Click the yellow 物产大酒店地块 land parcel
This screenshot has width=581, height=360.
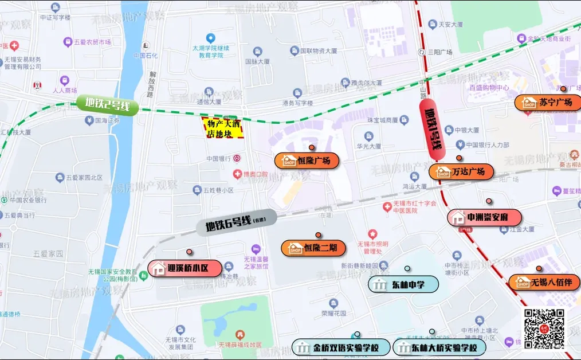(x=223, y=128)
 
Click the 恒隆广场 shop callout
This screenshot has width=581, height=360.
(x=307, y=161)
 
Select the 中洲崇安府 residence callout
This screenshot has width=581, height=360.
(x=485, y=218)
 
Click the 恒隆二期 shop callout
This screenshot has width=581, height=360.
(x=313, y=248)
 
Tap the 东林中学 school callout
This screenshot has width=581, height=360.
(x=403, y=284)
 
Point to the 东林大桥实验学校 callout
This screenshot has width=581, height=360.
(x=439, y=347)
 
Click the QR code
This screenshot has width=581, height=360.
(x=544, y=328)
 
